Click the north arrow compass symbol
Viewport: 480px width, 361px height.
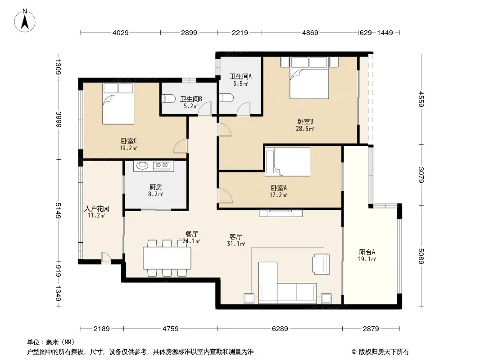[25, 21]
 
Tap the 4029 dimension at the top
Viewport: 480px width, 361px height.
[121, 32]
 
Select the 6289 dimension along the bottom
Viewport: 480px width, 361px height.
[280, 329]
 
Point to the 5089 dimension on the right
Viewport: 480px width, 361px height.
[421, 256]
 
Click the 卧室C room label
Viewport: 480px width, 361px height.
[129, 141]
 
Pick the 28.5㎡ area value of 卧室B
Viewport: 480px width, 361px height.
[305, 129]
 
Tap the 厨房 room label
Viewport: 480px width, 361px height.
[156, 187]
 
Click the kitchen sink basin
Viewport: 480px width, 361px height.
[142, 166]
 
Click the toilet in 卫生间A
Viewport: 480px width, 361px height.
[226, 97]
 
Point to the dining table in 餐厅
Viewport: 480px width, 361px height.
[167, 258]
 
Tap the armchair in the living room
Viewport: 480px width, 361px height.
[321, 264]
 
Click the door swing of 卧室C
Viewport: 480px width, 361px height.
[180, 146]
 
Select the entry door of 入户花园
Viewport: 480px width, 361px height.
[106, 258]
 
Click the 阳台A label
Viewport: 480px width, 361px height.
[367, 252]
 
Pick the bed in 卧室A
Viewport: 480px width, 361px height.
[287, 162]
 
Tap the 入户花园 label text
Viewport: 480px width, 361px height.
[97, 208]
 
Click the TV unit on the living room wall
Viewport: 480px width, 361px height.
[281, 213]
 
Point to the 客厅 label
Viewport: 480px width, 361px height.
[236, 237]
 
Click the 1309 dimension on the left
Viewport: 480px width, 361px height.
[59, 66]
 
